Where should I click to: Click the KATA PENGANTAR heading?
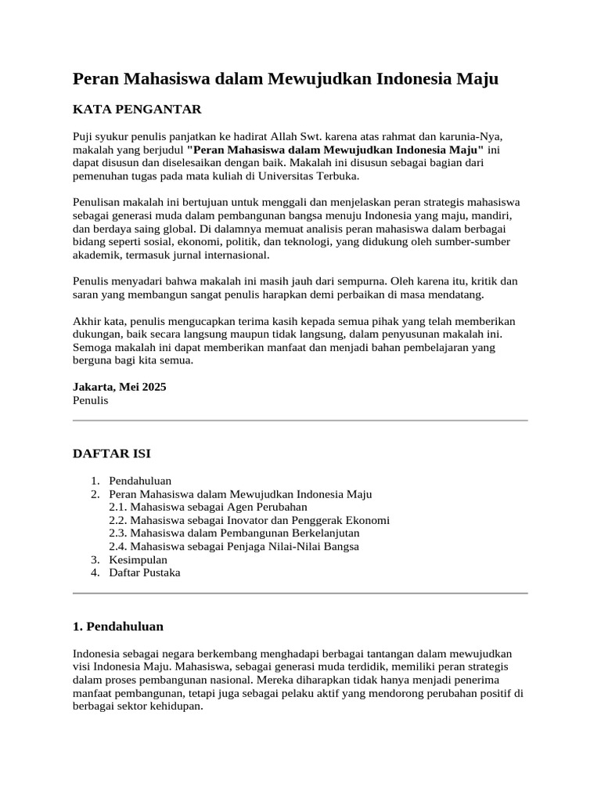click(137, 109)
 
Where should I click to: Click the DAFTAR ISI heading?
click(112, 453)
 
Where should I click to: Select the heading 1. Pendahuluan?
click(117, 627)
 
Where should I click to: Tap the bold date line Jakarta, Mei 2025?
click(119, 387)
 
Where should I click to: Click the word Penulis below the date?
click(90, 400)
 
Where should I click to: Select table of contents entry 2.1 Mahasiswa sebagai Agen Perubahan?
click(208, 507)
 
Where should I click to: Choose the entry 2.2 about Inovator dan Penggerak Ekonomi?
click(249, 520)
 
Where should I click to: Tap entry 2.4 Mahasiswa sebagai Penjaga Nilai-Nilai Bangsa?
click(234, 546)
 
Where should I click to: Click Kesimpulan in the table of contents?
click(138, 559)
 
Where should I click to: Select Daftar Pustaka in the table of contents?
click(145, 573)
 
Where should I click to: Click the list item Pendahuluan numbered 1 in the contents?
click(140, 481)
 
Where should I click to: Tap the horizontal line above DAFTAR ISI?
click(300, 421)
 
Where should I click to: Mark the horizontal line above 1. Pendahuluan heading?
click(300, 593)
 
